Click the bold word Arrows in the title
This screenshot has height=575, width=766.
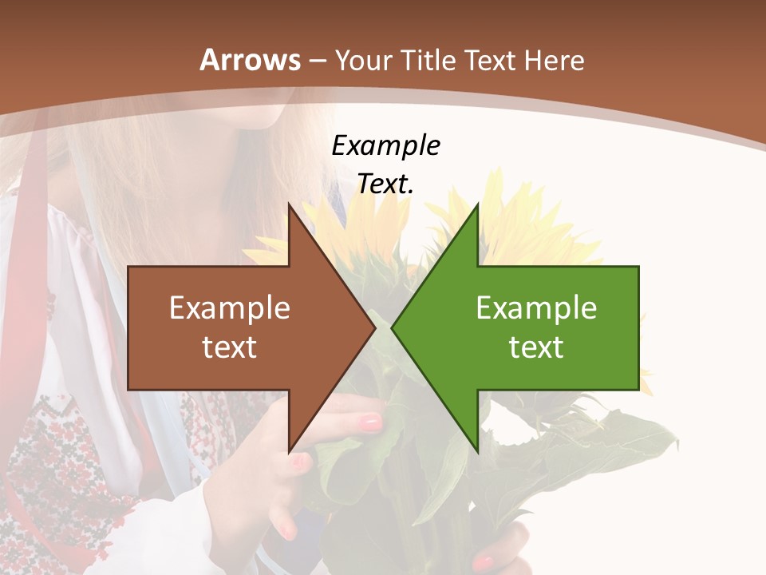[251, 60]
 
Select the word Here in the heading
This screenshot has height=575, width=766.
[554, 61]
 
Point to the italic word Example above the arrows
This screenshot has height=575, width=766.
[385, 145]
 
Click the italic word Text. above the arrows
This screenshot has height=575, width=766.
[385, 184]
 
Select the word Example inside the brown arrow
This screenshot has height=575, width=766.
[230, 308]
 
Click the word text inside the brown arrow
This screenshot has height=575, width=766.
[230, 347]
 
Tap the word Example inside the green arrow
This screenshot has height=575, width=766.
[536, 308]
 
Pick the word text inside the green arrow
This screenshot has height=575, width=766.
[536, 347]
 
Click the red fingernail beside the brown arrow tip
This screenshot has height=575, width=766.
[371, 422]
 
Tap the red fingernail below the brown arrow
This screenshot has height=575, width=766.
[300, 462]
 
